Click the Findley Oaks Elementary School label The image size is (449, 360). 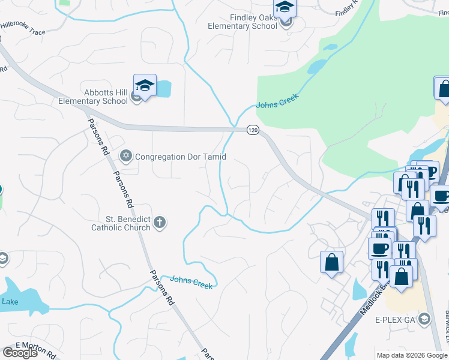tap(242, 22)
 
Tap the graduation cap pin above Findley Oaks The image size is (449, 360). tap(285, 8)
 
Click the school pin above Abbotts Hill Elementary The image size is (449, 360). tap(145, 86)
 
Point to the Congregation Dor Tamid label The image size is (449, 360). tap(181, 157)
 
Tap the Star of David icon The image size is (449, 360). tap(125, 157)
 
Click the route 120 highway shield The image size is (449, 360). tap(253, 130)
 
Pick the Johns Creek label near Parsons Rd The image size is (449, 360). tap(191, 282)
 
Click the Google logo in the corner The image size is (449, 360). tap(20, 353)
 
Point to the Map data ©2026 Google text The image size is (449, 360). tap(412, 355)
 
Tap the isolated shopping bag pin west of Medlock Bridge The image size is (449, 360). tap(332, 263)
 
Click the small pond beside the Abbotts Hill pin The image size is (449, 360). tap(163, 89)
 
